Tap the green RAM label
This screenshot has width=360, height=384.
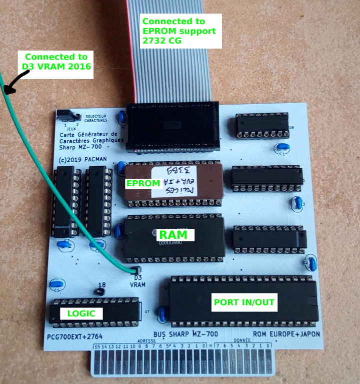pos(172,234)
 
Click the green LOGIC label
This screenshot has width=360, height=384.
pos(80,313)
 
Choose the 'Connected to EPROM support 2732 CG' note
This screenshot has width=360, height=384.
pos(180,31)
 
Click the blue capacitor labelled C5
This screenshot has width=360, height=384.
pos(56,286)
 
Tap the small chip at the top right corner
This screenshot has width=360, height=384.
pos(261,125)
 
